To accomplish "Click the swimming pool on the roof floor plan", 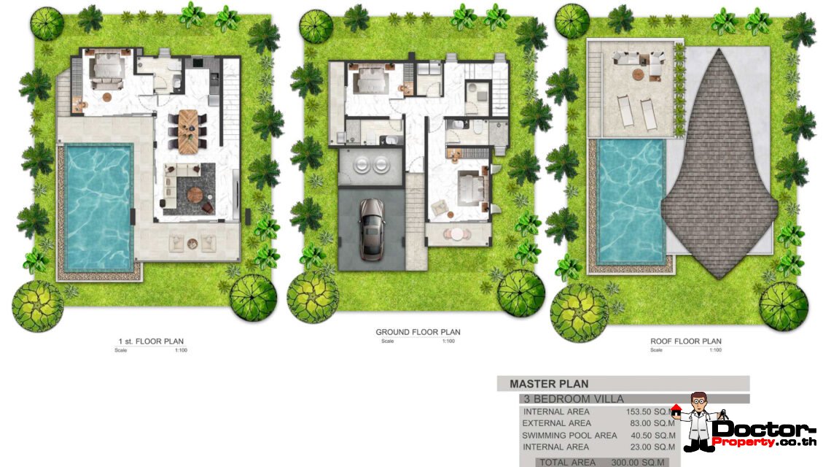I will coord(631,201).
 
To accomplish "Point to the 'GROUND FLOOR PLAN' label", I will coord(418,333).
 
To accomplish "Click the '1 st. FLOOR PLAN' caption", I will coord(151,341).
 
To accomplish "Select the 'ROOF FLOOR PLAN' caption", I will coord(685,341).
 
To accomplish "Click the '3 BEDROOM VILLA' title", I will coord(572,399).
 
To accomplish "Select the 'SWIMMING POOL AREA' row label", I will coord(569,436).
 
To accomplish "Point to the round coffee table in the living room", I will coord(195,193).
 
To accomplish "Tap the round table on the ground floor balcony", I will coord(457,234).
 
